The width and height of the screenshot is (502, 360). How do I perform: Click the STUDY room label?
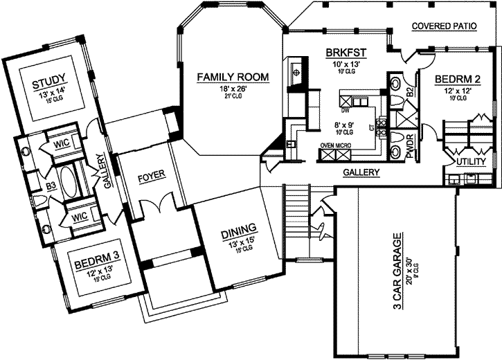pos(49,86)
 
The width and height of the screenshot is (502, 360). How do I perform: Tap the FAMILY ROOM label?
pos(222,76)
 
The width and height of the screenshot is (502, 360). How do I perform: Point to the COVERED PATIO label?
pos(444,26)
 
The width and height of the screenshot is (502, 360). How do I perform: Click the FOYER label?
pos(150,176)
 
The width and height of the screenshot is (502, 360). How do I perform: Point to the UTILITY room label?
pos(471,161)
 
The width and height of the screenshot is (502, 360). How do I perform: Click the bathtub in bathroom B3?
pos(69,183)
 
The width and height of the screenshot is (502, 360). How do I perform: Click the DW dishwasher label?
pos(346,109)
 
